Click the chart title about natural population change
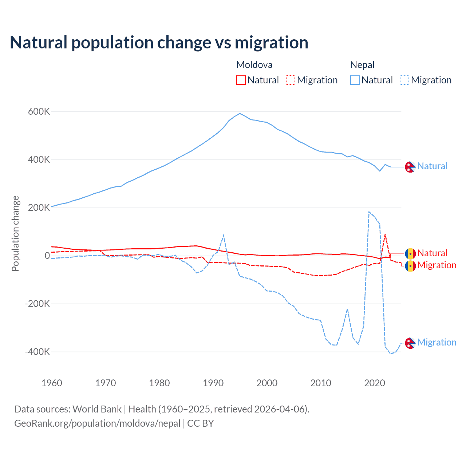point(159,43)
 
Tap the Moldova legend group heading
point(254,65)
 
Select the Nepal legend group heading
point(362,65)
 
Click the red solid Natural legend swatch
point(241,80)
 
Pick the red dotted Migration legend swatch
point(291,80)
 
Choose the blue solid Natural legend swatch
point(355,80)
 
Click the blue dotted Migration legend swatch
point(404,80)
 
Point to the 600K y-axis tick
point(39,112)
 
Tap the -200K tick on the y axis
point(37,304)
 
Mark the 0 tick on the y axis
point(47,256)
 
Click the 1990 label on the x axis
point(213,383)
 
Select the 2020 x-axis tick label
point(375,383)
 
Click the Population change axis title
point(15,234)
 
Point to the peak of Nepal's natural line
point(240,114)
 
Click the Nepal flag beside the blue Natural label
point(410,167)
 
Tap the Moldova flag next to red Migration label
point(410,266)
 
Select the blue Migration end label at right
point(437,342)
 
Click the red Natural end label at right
point(432,253)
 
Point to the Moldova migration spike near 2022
point(385,234)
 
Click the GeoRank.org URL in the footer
point(97,423)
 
